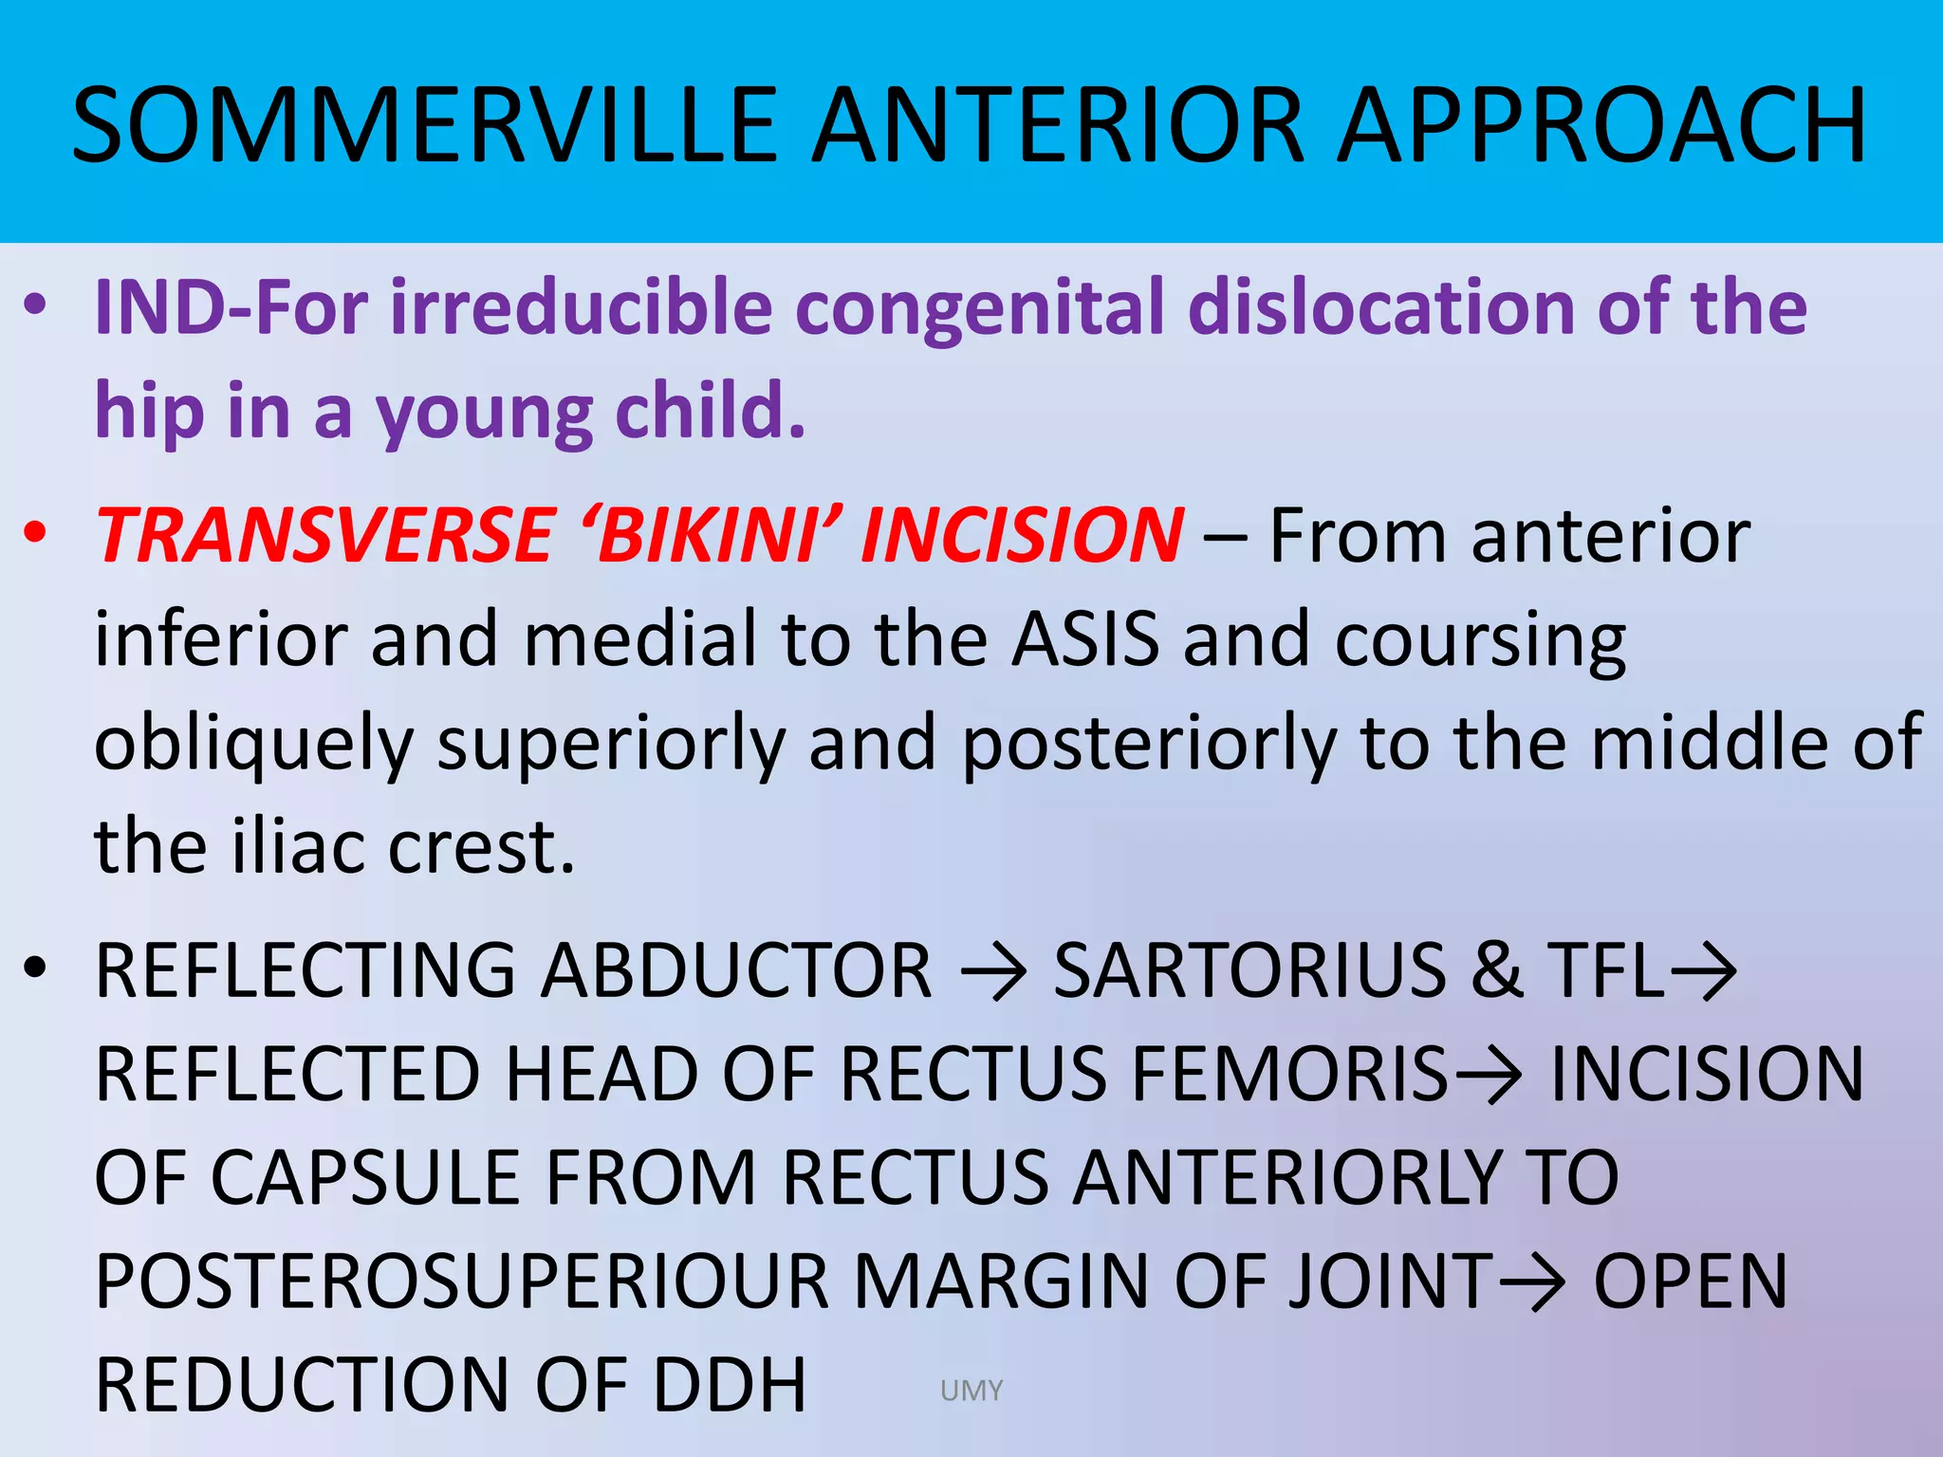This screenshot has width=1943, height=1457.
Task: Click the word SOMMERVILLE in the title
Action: (x=425, y=126)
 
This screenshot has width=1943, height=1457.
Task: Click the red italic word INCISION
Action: (x=1023, y=535)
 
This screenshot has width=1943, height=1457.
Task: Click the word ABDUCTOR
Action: (x=737, y=971)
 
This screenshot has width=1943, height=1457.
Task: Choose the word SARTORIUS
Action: (x=1249, y=971)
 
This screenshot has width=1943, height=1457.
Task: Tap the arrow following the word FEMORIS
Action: (x=1489, y=1076)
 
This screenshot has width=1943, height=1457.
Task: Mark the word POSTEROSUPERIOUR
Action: (x=462, y=1282)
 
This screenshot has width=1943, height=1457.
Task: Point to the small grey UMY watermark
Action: (x=971, y=1391)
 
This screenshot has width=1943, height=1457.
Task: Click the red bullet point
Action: (x=36, y=533)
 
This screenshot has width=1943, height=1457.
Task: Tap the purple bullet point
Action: (x=36, y=306)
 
